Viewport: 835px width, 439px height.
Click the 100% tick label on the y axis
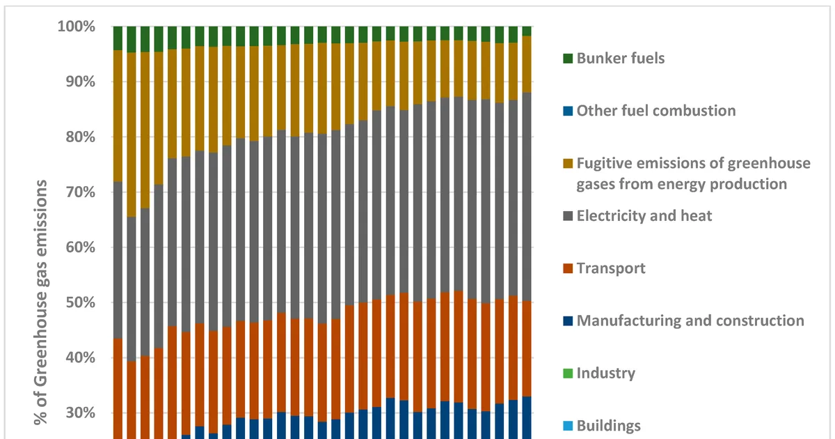(x=77, y=26)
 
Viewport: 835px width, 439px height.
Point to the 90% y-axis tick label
(x=81, y=82)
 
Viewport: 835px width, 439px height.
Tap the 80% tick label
(x=81, y=137)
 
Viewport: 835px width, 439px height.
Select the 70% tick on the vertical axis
(x=81, y=192)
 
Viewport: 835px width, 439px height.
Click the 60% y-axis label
(x=81, y=247)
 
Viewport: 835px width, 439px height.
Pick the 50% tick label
(x=81, y=302)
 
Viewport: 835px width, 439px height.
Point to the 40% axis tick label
(x=81, y=357)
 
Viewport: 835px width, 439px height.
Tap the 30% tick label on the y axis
(x=81, y=413)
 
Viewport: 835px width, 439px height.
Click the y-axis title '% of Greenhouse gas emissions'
(x=40, y=302)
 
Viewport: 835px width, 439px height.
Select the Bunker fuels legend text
(x=621, y=59)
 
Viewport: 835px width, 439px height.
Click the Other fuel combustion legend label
(x=656, y=111)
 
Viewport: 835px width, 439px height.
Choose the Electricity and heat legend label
(x=644, y=216)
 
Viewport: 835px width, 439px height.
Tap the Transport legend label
(x=611, y=268)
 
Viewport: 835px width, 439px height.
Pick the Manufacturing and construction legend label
(x=690, y=321)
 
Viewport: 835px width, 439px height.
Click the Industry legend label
(x=606, y=373)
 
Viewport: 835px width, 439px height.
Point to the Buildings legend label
(x=609, y=426)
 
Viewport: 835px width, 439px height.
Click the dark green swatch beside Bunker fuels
(x=568, y=59)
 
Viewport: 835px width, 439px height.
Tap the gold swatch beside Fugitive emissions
(x=568, y=164)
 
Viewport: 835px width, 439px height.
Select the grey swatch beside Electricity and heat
(x=568, y=216)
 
